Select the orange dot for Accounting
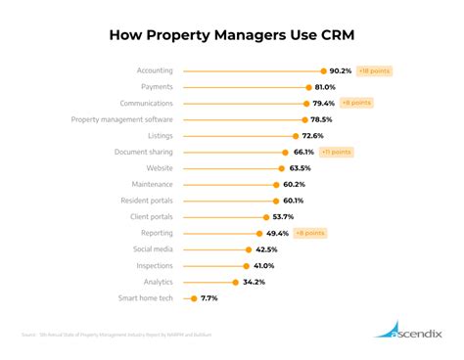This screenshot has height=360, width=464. [x=322, y=70]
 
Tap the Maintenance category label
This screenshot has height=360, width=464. [x=152, y=184]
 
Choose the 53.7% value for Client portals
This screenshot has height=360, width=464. [x=283, y=216]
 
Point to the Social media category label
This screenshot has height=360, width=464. [x=154, y=249]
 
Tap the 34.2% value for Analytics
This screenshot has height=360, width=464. [x=254, y=282]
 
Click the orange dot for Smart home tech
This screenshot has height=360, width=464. [x=194, y=298]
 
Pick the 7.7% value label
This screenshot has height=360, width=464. [x=209, y=298]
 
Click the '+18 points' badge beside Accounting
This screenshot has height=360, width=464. [x=375, y=70]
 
